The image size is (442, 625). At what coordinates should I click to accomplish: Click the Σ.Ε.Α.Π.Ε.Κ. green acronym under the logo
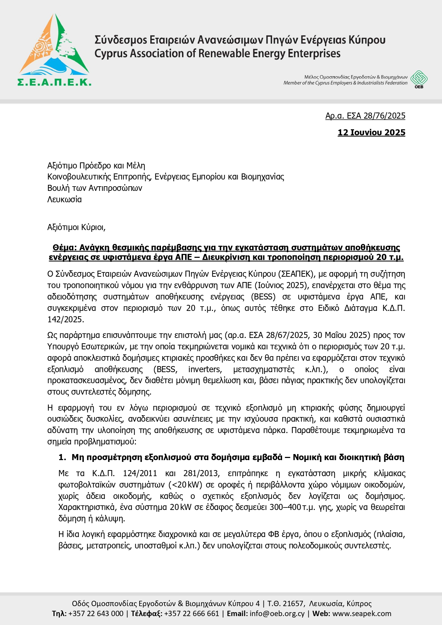[x=54, y=82]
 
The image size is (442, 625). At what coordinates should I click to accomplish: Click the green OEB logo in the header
[x=419, y=79]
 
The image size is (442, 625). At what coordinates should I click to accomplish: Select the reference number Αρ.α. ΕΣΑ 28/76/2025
[x=365, y=116]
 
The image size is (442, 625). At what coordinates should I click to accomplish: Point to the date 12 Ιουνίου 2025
[x=371, y=132]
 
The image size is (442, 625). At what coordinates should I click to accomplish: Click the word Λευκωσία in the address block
[x=64, y=199]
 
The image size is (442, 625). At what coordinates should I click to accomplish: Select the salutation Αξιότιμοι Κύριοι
[x=76, y=227]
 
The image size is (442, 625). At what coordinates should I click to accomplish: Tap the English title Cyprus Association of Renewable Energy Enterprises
[x=217, y=54]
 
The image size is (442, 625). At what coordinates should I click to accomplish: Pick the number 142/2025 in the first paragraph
[x=66, y=319]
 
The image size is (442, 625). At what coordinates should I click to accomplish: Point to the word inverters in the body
[x=205, y=369]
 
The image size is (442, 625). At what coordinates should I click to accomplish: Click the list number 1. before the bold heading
[x=62, y=458]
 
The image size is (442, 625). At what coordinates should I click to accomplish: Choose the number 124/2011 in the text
[x=140, y=474]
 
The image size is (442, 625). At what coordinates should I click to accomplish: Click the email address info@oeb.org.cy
[x=277, y=614]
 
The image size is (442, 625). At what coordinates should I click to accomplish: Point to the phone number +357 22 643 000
[x=96, y=614]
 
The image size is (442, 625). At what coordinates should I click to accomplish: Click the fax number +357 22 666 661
[x=192, y=614]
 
